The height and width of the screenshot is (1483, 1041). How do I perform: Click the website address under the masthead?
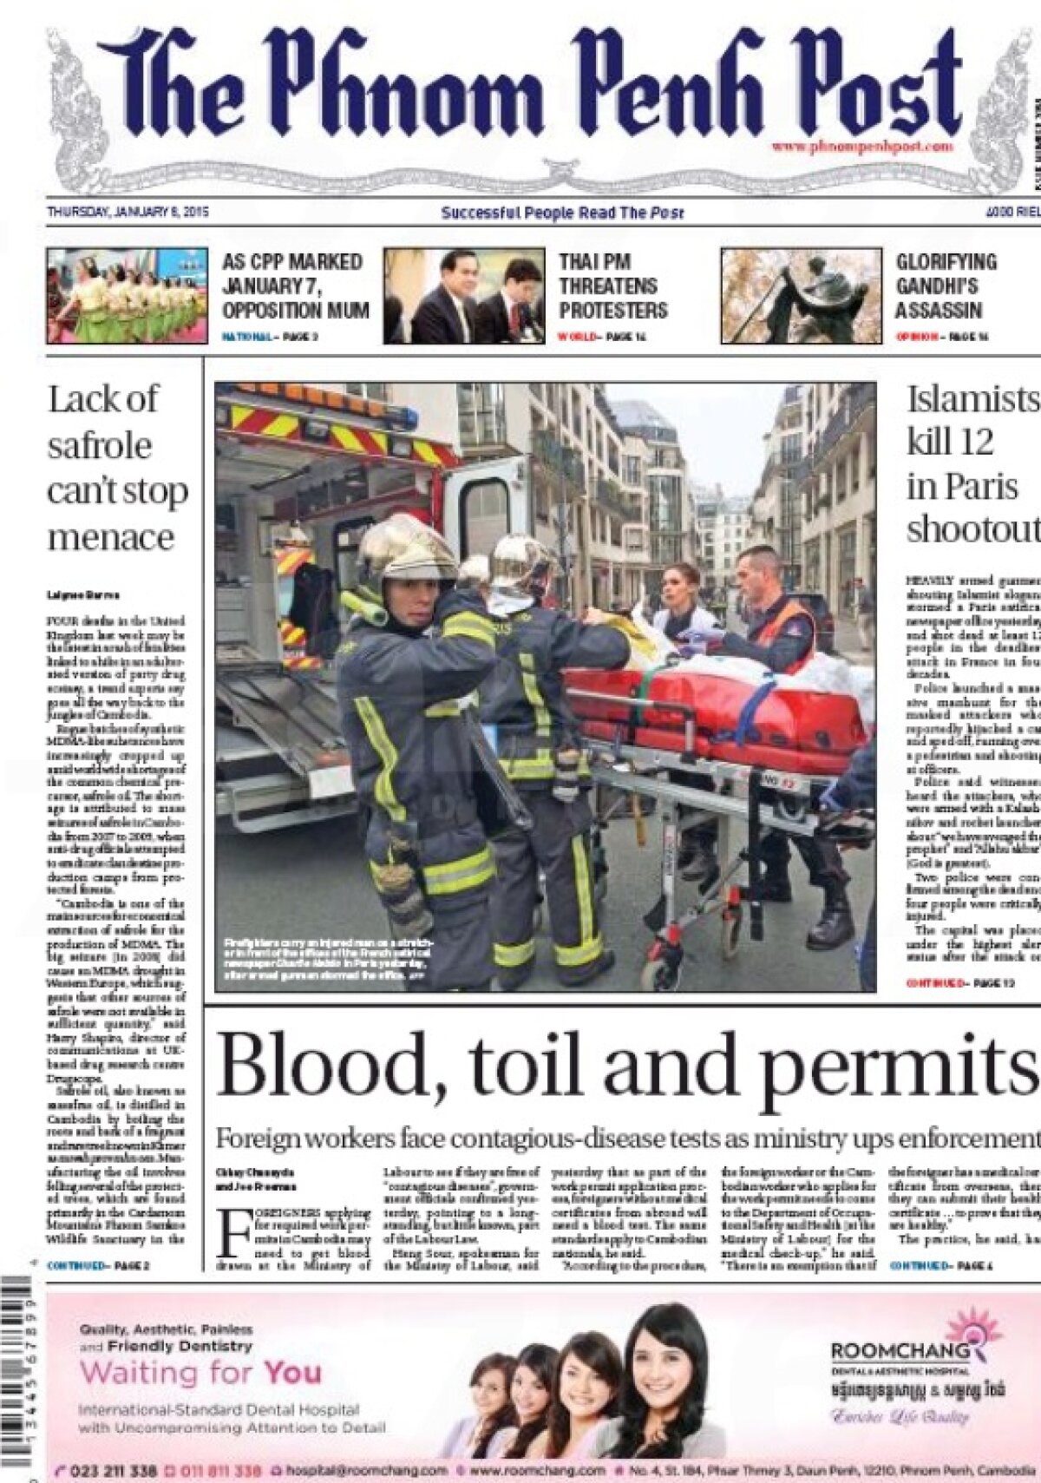click(862, 147)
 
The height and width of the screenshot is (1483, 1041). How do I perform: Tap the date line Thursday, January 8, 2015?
click(128, 211)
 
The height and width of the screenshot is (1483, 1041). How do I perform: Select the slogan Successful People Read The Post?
click(562, 213)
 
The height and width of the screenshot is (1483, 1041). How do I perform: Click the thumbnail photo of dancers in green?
click(127, 295)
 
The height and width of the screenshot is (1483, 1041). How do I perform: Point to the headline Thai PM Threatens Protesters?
click(612, 285)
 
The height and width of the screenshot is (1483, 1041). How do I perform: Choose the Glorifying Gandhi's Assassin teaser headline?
click(946, 285)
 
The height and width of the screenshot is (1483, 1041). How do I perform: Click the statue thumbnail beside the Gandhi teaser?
click(801, 296)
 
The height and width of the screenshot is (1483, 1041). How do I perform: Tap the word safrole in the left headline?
click(100, 445)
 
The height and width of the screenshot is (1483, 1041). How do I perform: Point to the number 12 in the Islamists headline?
click(975, 442)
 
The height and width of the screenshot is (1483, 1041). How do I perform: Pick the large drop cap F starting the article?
click(232, 1233)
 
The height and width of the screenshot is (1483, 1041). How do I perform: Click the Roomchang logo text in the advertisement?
click(900, 1350)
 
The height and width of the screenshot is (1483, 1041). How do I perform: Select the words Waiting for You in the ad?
click(200, 1373)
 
